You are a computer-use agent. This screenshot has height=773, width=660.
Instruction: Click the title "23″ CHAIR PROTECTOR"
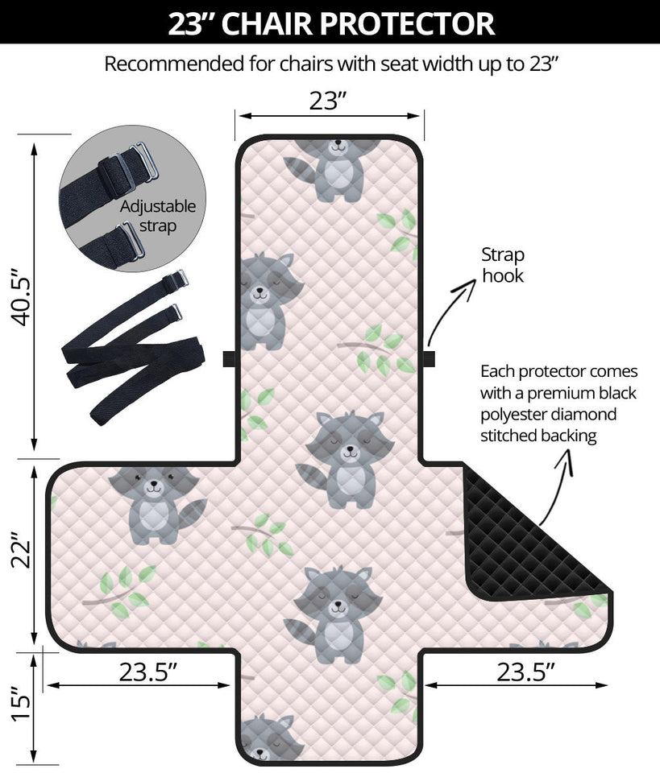point(330,23)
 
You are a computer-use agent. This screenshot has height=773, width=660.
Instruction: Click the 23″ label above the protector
point(329,101)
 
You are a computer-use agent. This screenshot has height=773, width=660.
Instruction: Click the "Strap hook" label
point(503,266)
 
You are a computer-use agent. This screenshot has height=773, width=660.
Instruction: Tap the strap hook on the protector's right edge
point(427,358)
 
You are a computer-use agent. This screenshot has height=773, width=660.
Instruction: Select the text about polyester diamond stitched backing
point(559,404)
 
